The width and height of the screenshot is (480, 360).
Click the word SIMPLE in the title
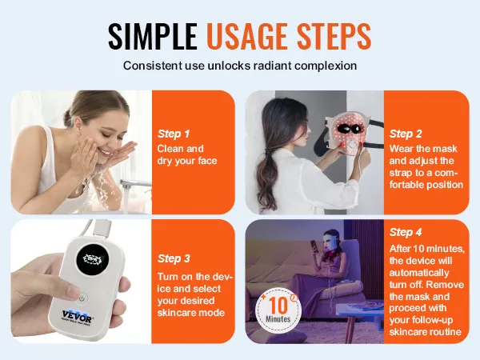pos(153,36)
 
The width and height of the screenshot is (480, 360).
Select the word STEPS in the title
pos(334,36)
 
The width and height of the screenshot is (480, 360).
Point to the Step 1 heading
pos(174,134)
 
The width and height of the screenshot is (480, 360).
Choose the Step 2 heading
pos(406,134)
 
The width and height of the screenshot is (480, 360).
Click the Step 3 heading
pos(174,258)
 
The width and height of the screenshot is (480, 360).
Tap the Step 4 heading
pos(406,232)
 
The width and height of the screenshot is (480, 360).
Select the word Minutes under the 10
pos(278,319)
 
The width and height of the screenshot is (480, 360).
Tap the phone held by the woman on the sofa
pos(313,245)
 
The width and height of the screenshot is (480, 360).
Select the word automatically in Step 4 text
pos(419,273)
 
